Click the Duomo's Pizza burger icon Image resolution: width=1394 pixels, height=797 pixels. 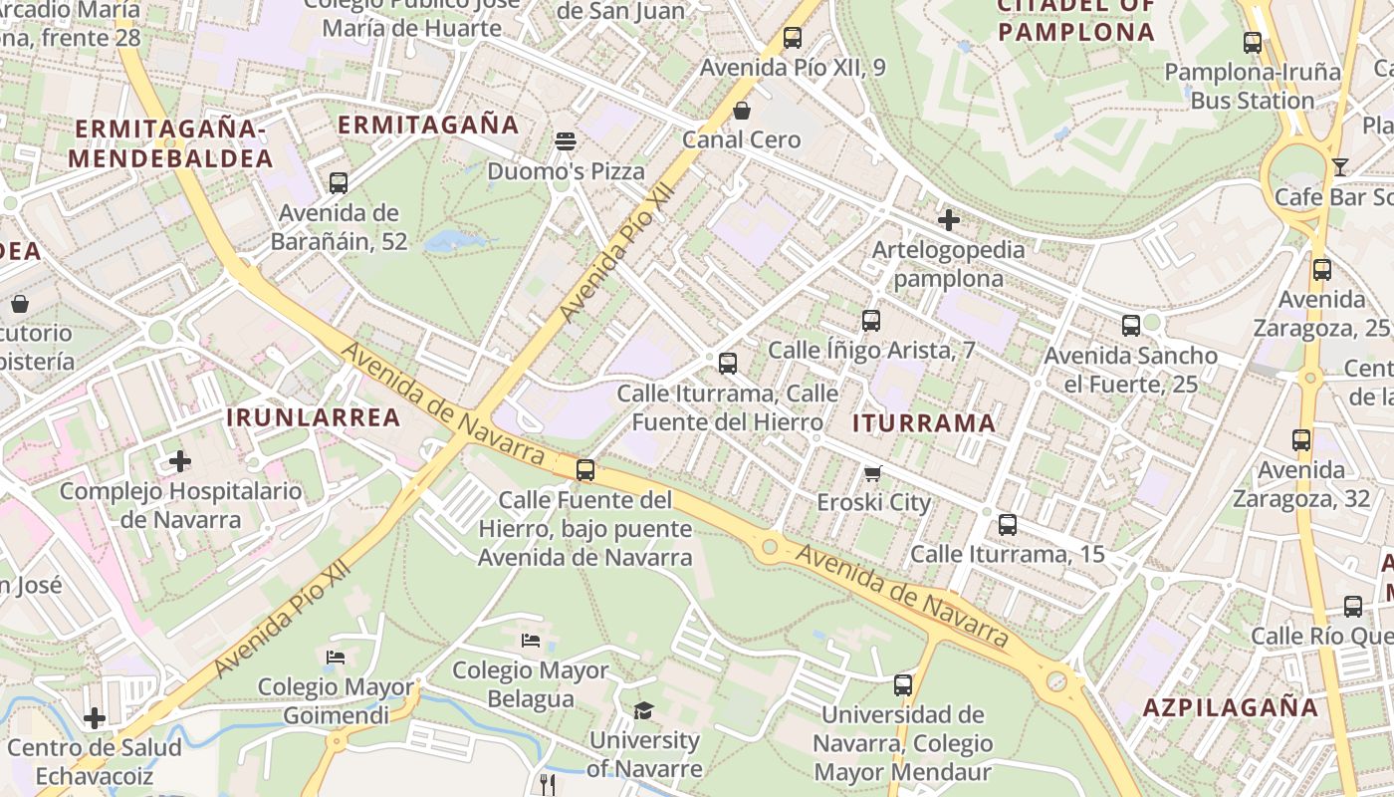[566, 141]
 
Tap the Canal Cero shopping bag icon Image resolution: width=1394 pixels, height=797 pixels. [741, 110]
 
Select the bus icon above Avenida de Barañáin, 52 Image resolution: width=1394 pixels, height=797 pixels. [339, 183]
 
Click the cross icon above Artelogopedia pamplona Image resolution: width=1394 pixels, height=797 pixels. [948, 219]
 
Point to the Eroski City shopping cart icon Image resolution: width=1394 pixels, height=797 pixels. [873, 473]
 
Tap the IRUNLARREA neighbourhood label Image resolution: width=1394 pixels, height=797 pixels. [314, 417]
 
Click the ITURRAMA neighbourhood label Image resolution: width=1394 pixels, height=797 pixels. [924, 423]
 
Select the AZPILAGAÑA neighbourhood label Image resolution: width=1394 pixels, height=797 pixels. [1231, 707]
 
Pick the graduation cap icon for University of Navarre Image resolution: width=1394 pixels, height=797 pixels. [643, 710]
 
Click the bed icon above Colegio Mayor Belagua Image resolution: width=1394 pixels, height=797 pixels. [531, 640]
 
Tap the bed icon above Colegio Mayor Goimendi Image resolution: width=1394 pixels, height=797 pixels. [336, 658]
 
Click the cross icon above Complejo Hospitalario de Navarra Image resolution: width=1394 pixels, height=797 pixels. [180, 461]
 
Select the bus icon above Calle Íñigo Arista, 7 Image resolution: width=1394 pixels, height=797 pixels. [871, 321]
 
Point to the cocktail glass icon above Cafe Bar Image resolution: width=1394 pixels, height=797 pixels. [1340, 166]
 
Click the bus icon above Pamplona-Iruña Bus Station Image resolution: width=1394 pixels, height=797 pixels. [1253, 43]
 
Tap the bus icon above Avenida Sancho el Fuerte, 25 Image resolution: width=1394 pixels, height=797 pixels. [1131, 326]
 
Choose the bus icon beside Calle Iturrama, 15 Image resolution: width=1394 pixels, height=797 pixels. [1008, 525]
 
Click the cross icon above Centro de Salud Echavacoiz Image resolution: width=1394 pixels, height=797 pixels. [95, 717]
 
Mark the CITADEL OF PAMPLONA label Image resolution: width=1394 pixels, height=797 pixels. [1075, 20]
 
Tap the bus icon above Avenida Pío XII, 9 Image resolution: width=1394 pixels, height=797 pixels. [793, 38]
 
